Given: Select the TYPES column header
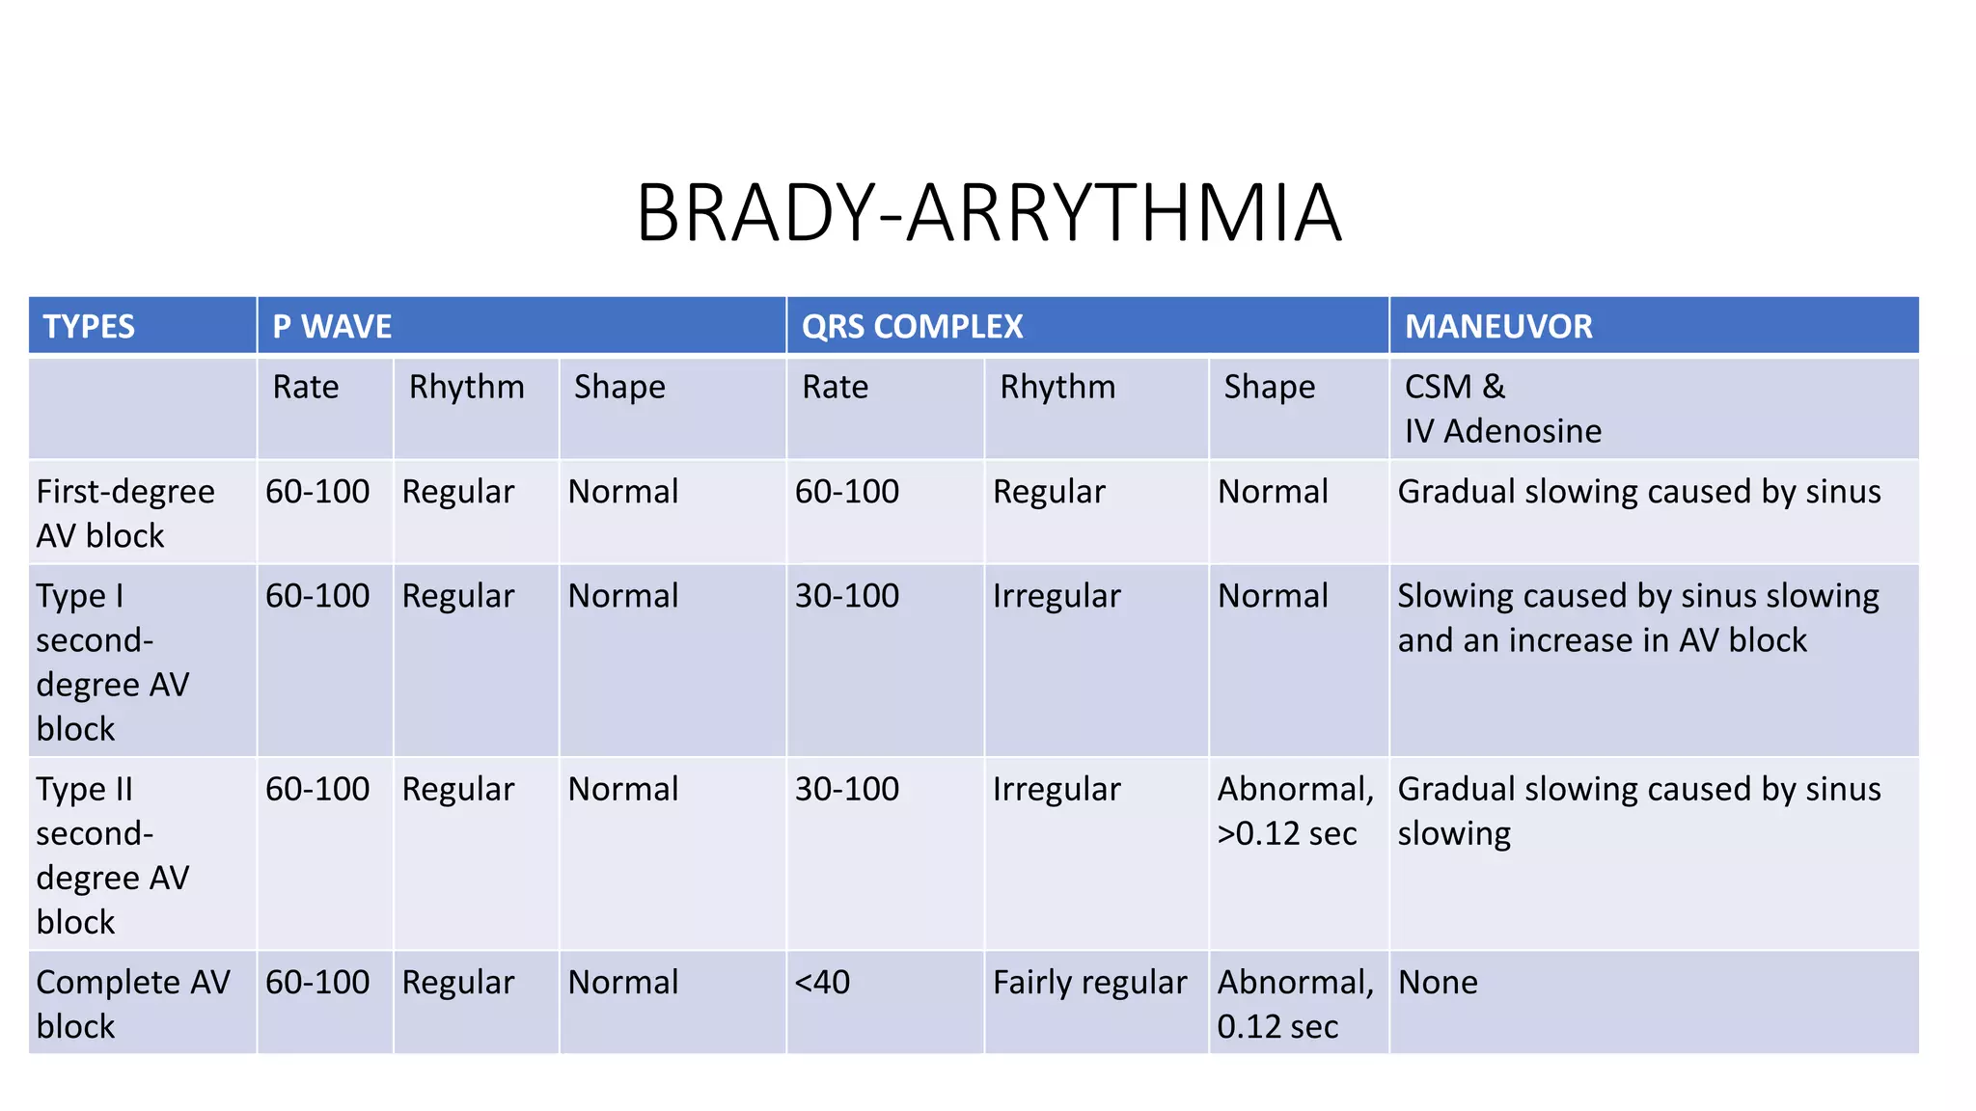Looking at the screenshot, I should (89, 327).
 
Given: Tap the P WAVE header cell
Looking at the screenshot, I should (332, 327).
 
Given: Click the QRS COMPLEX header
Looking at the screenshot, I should (912, 327).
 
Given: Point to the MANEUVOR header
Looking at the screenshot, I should (1497, 327).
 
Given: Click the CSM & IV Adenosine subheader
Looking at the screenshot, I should (1501, 409).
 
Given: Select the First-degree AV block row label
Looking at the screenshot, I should (125, 513).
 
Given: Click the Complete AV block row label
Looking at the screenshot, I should (133, 1004).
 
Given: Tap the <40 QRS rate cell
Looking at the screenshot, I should (822, 983).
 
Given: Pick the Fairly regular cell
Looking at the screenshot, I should (1089, 983).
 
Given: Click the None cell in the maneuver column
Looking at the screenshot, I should (1438, 983).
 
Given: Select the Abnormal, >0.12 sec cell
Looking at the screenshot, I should (1295, 811).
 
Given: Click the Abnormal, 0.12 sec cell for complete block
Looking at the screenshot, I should (1295, 1004).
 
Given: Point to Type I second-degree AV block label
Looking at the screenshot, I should (112, 663).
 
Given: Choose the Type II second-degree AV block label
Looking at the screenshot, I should (112, 855).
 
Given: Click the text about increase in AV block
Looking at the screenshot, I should (1602, 640).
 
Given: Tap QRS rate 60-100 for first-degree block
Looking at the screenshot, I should (846, 492).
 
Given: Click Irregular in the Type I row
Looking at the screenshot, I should (1057, 596).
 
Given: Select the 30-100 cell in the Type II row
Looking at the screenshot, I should (846, 789).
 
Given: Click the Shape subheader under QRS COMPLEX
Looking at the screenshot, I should (1269, 387).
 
